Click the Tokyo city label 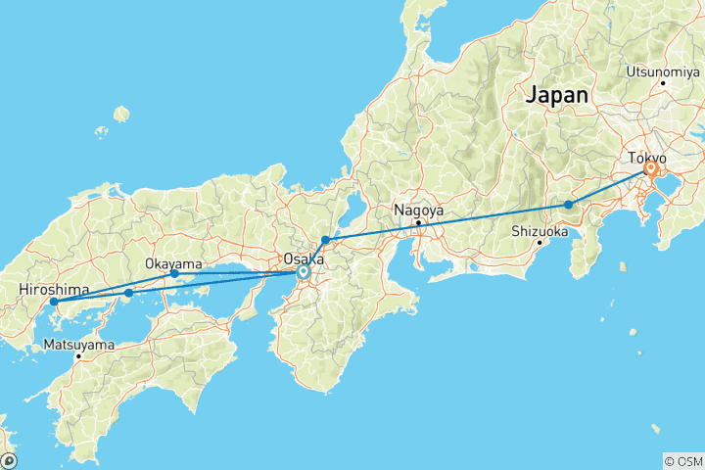646,158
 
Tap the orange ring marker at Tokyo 650,169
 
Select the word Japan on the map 557,96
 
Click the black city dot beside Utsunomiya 663,82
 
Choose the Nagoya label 418,211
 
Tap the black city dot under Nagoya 418,222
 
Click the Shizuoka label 540,232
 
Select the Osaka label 303,259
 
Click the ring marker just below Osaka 304,271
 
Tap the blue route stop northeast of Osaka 325,240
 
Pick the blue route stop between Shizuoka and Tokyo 568,205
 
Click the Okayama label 173,264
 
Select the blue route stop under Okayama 174,274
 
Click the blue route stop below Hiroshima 54,302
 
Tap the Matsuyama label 78,345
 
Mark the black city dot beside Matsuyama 79,355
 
